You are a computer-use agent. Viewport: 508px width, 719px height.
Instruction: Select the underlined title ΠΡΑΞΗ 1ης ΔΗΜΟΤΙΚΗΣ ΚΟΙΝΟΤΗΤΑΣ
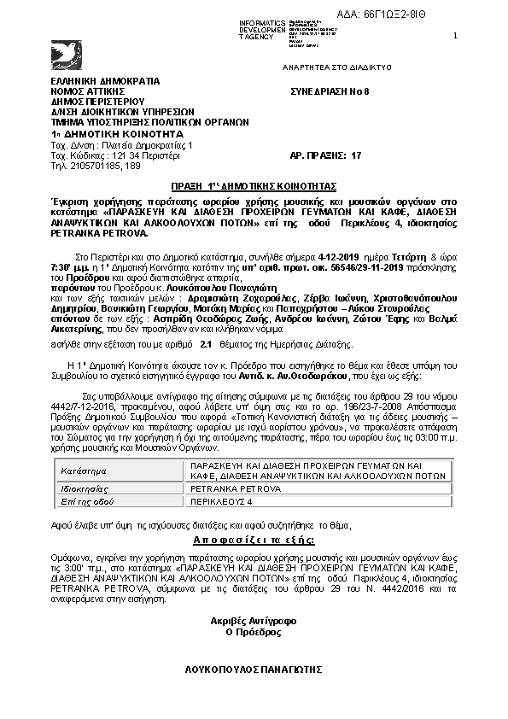pyautogui.click(x=254, y=185)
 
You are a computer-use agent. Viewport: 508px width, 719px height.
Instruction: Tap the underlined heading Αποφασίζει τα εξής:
pyautogui.click(x=253, y=541)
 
